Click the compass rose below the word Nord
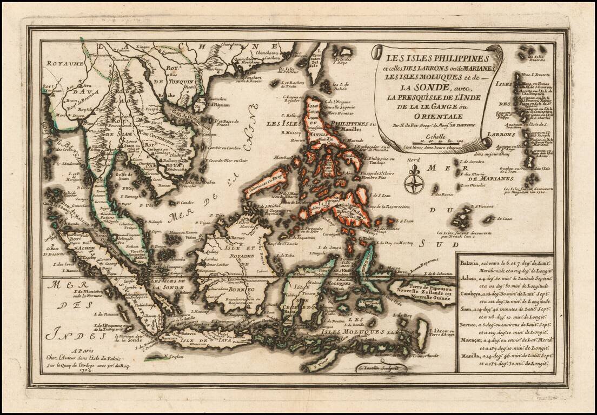point(414,180)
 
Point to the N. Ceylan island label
point(172,357)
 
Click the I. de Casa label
point(505,218)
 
